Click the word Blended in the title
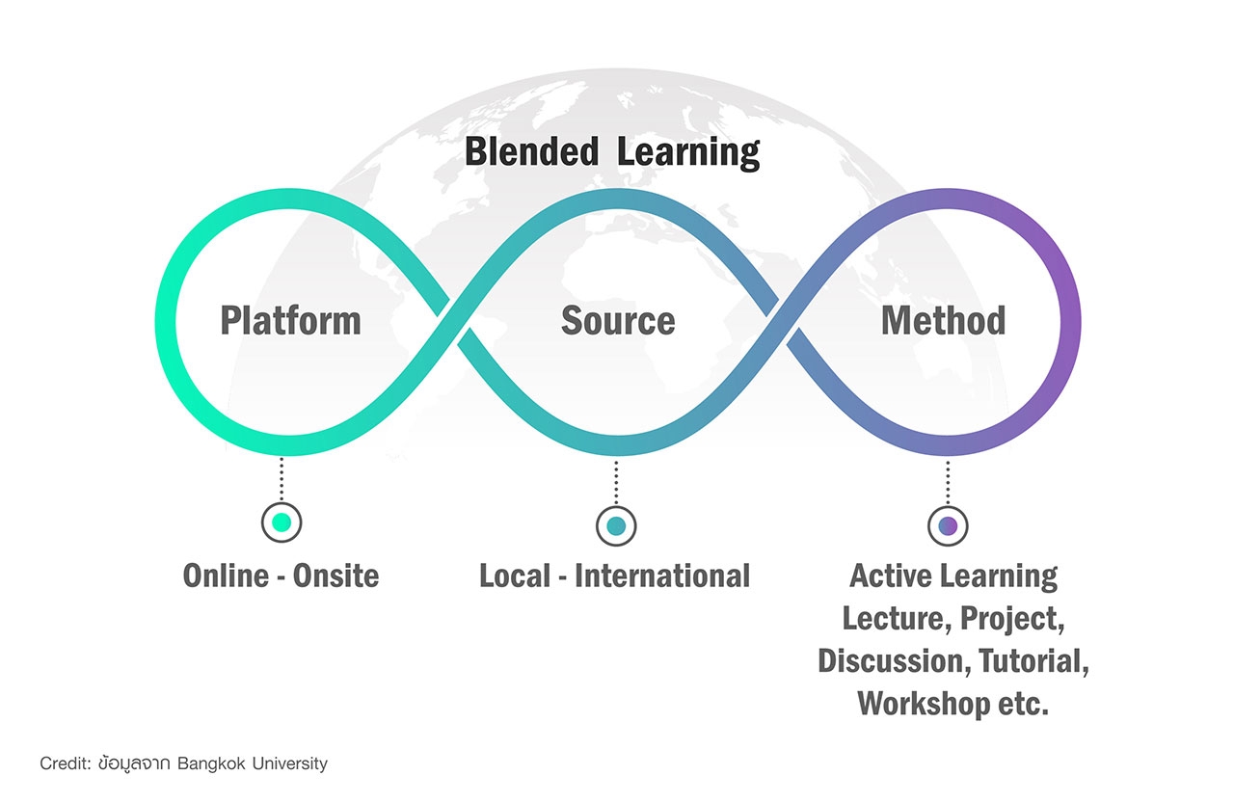click(531, 151)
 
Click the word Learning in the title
click(688, 153)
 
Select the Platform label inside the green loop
click(290, 321)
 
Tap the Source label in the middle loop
click(618, 321)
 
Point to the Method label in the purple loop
click(943, 320)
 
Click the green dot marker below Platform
click(282, 522)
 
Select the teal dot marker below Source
click(616, 526)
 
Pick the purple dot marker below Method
click(948, 526)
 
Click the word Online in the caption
click(226, 576)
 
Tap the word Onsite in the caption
click(335, 576)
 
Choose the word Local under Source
click(515, 576)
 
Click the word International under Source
click(662, 576)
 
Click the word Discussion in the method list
click(894, 661)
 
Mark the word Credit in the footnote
click(65, 763)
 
